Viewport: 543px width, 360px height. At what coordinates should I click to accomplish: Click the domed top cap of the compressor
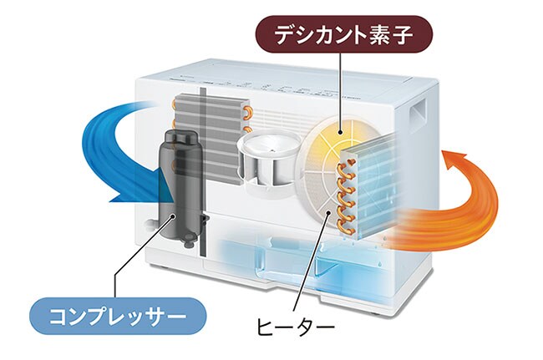[180, 139]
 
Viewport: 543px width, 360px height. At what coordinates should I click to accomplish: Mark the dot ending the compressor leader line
[173, 216]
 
